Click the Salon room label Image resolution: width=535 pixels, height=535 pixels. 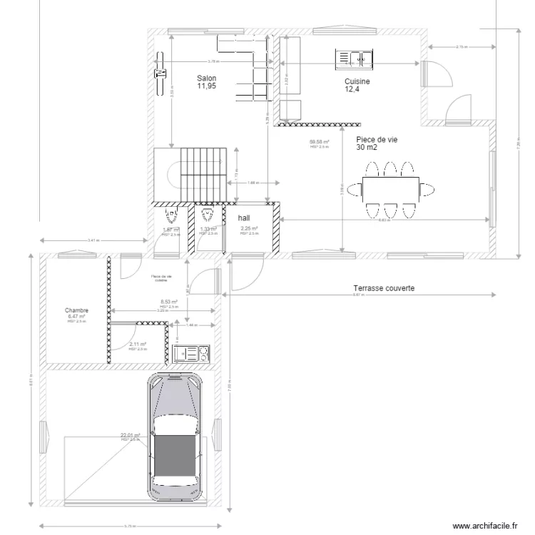click(207, 78)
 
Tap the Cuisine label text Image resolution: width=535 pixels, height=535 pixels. click(357, 82)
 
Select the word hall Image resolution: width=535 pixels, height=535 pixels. click(244, 218)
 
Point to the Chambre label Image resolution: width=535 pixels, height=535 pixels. click(76, 310)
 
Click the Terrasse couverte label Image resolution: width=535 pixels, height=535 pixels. click(384, 289)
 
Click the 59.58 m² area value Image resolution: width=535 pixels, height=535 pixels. click(319, 142)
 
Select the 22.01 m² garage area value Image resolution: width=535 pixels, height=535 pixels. click(130, 434)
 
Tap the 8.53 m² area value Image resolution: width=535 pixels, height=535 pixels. click(168, 302)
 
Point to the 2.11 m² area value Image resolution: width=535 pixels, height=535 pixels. click(137, 344)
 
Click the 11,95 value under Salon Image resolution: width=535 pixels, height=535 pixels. click(207, 86)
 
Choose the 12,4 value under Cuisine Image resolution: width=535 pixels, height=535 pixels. click(352, 90)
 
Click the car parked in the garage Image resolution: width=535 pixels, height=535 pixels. click(174, 437)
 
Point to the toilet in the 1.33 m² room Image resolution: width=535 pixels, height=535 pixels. click(208, 214)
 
